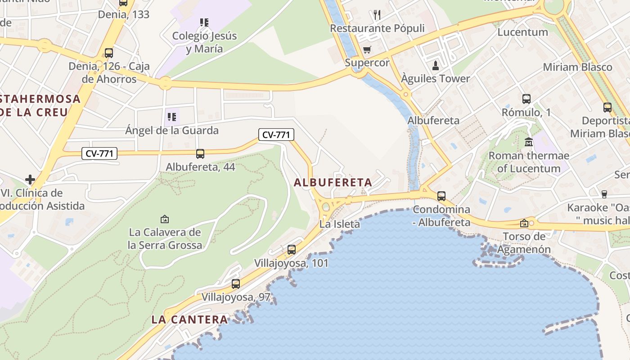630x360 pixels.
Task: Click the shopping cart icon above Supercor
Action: tap(367, 49)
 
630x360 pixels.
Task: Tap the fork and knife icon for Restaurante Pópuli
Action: tap(377, 15)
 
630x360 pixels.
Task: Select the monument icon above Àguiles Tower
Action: tap(435, 66)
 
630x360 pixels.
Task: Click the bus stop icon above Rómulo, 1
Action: tap(526, 99)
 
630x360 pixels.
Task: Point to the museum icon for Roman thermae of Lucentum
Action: tap(529, 142)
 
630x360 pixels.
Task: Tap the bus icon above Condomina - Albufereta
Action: tap(441, 196)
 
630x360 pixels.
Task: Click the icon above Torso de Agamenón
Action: tap(524, 223)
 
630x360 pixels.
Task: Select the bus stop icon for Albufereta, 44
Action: tap(200, 154)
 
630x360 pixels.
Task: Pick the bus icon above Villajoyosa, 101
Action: tap(292, 249)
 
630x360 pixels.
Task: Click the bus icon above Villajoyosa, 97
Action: tap(236, 284)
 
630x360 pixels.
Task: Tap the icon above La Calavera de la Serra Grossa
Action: tap(165, 219)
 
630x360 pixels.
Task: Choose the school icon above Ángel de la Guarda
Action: tap(171, 117)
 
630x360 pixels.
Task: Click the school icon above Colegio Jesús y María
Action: tap(204, 22)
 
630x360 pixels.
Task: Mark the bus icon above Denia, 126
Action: tap(108, 53)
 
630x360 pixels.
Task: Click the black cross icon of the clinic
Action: tap(30, 180)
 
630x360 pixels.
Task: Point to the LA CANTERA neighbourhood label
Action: tap(189, 319)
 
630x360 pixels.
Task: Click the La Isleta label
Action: tap(340, 224)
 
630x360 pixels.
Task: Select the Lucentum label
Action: tap(522, 32)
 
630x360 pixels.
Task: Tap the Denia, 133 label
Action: tap(124, 14)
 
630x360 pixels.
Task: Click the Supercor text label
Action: tap(367, 63)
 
